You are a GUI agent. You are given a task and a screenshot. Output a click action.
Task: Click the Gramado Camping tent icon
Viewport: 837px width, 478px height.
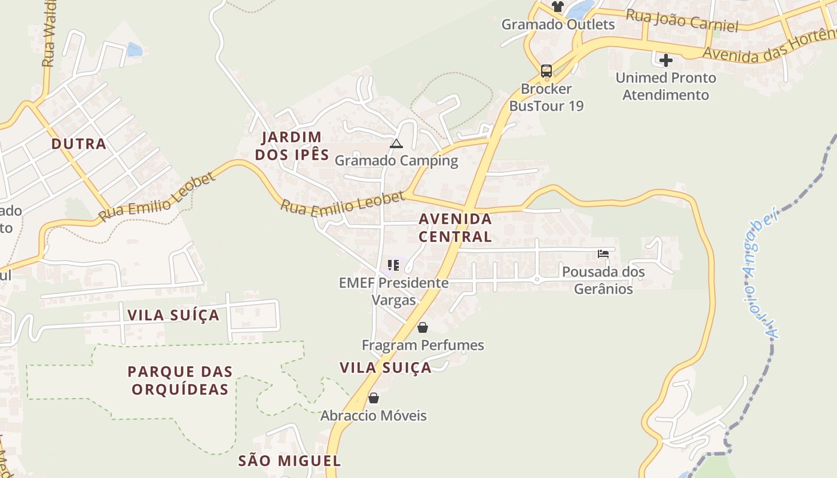point(396,144)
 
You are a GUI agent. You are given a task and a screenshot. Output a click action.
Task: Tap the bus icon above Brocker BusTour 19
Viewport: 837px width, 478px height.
point(546,71)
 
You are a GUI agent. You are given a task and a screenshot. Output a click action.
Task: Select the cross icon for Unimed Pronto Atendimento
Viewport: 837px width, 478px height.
point(665,60)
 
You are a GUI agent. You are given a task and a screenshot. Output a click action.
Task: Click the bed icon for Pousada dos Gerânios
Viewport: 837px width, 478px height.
point(603,254)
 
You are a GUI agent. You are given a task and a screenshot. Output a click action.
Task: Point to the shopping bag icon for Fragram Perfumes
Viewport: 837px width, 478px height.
point(423,327)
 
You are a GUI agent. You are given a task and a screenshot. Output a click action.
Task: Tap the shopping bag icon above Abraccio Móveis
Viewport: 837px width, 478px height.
point(374,398)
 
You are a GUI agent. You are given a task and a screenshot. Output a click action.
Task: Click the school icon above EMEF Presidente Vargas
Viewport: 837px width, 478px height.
point(393,265)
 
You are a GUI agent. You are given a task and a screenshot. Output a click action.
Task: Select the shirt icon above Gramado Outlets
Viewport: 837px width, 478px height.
point(557,7)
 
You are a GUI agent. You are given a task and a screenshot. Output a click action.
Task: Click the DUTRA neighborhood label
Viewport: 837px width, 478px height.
point(79,144)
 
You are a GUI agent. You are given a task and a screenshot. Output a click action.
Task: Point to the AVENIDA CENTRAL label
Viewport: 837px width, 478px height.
point(455,228)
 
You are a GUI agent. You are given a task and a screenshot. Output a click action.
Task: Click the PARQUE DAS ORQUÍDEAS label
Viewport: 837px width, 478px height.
point(180,381)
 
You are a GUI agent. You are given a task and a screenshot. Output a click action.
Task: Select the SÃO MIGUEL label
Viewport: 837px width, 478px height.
point(289,461)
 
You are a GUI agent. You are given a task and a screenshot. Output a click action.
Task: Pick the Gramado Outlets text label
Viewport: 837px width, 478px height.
point(558,24)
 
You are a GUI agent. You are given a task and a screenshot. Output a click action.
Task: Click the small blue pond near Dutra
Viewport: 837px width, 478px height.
point(135,50)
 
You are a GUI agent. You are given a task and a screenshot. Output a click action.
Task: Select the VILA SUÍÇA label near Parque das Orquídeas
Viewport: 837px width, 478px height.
point(173,315)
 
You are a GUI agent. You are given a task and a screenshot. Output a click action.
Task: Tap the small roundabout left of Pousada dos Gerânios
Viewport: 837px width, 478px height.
point(537,280)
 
